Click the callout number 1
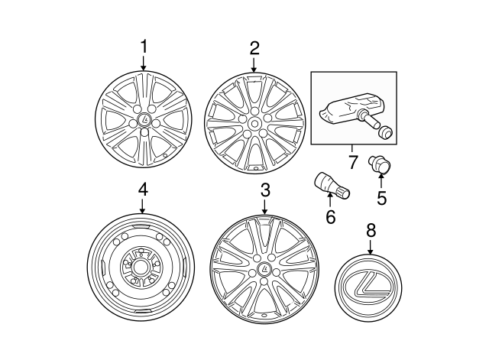144,47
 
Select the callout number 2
254,47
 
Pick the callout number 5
381,197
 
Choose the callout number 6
330,217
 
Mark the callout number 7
352,162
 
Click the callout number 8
370,229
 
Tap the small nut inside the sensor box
387,132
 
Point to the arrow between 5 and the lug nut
381,181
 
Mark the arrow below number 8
370,247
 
